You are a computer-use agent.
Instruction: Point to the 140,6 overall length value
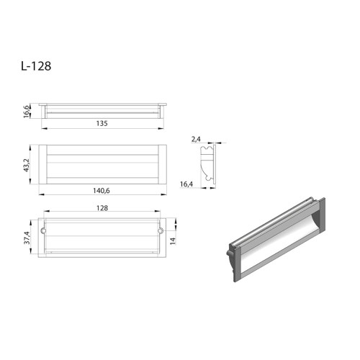click(x=102, y=189)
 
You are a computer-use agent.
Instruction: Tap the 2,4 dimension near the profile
click(x=195, y=138)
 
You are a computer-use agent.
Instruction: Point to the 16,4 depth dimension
click(x=186, y=184)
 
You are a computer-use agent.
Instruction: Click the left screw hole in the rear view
click(x=45, y=231)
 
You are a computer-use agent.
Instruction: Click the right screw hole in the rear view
click(x=160, y=231)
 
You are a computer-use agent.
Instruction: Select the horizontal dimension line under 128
click(x=102, y=213)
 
